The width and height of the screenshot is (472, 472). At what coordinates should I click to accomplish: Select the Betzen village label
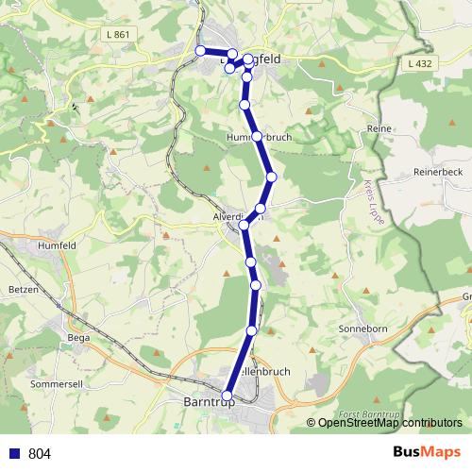click(22, 290)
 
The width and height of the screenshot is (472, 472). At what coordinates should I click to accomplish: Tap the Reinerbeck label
click(436, 173)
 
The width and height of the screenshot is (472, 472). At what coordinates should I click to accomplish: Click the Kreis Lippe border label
click(368, 194)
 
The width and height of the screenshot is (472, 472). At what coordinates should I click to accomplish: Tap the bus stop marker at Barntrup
click(227, 396)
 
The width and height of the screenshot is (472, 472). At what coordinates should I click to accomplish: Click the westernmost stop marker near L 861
click(200, 51)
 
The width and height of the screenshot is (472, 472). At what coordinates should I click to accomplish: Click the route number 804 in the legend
click(40, 454)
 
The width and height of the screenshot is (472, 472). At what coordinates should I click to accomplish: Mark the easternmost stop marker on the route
click(272, 177)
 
